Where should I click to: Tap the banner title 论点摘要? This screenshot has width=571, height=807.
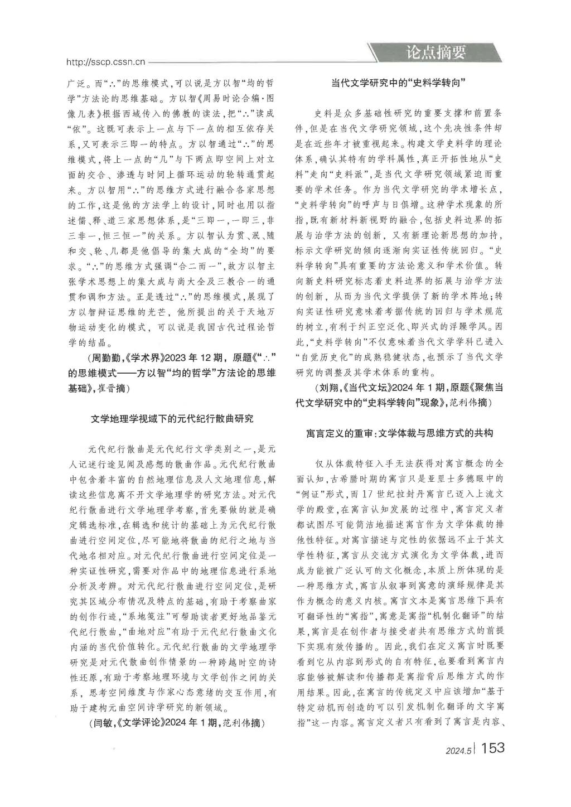[435, 53]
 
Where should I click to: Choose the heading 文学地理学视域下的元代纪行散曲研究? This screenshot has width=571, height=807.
[172, 418]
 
